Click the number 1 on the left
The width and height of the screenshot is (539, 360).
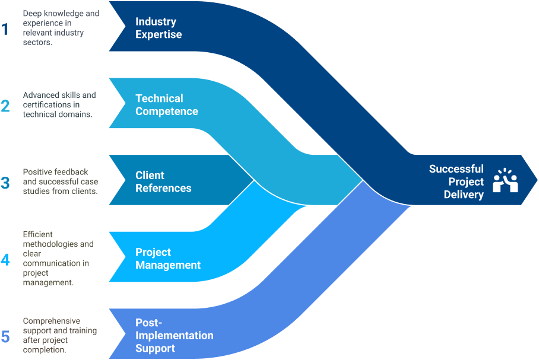[x=5, y=29]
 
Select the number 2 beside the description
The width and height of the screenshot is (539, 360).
[x=5, y=106]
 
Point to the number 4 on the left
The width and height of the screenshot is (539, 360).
[x=5, y=259]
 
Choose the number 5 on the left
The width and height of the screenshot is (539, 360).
[x=5, y=336]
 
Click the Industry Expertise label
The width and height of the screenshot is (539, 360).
[x=158, y=28]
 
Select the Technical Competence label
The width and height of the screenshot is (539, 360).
[x=166, y=104]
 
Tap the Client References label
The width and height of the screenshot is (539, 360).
[x=163, y=181]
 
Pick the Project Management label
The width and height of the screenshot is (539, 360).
[x=168, y=259]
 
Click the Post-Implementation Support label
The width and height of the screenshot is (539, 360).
[x=174, y=336]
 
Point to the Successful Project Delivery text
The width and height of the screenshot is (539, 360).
[x=456, y=181]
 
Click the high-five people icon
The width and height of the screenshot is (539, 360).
[x=505, y=181]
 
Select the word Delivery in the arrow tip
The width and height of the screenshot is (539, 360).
[x=464, y=195]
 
